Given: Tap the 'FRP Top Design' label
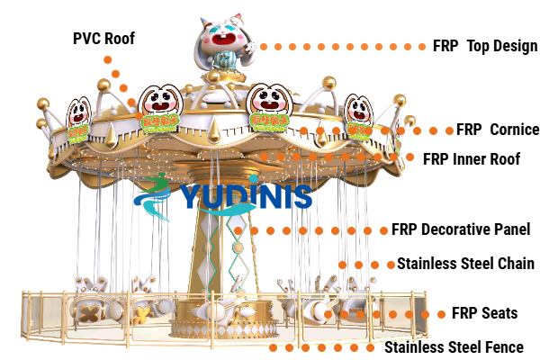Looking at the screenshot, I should pos(484,46).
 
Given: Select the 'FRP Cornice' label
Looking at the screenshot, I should pos(497,130).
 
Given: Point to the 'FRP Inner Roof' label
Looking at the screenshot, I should pos(472,159).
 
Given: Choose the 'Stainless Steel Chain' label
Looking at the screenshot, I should pos(465,265).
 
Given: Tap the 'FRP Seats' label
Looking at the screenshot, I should pos(483,313).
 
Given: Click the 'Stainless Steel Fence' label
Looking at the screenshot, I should pos(454,346).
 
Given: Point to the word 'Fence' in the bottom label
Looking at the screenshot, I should pos(502,346).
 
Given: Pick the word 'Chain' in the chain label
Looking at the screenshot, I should pos(515,265).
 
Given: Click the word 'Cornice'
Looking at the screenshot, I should pos(514,130).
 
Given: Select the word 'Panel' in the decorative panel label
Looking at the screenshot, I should pos(510,229).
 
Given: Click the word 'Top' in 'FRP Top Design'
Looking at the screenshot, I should pos(479,46).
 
